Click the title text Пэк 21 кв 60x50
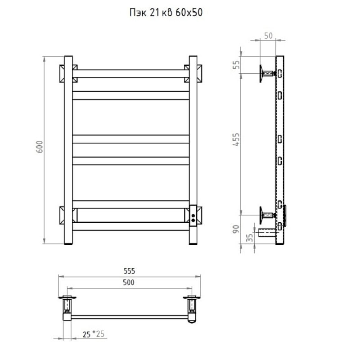click(x=166, y=13)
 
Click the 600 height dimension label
click(x=40, y=147)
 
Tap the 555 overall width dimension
click(x=129, y=271)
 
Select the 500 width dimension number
click(x=129, y=283)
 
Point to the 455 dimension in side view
click(x=236, y=139)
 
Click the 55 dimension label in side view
click(x=236, y=65)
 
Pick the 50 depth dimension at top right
click(x=268, y=36)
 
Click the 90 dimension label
click(x=236, y=229)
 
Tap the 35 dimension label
click(x=250, y=238)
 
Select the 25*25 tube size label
click(x=94, y=334)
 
